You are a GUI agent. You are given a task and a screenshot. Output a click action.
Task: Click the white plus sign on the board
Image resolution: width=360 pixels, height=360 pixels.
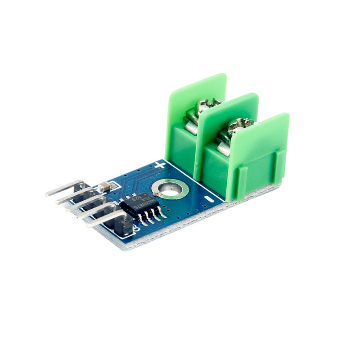pos(160,165)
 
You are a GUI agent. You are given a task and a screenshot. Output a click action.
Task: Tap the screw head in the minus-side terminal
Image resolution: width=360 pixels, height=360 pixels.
pos(237,126)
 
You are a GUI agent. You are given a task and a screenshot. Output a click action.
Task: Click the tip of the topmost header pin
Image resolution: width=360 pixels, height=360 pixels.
pos(48,194)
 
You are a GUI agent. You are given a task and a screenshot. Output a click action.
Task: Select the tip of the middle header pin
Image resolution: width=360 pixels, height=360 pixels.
pos(68,208)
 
